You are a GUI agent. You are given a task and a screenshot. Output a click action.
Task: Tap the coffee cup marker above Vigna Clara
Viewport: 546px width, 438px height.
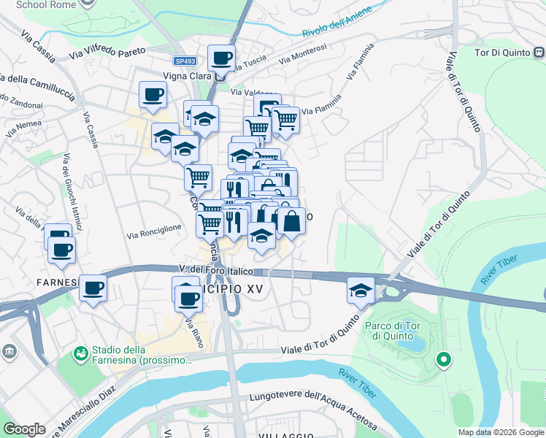(x=221, y=58)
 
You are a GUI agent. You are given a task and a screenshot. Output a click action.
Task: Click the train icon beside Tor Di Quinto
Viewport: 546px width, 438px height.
(x=539, y=52)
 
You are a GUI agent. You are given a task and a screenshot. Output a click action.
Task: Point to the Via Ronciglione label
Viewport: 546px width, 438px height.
(x=154, y=231)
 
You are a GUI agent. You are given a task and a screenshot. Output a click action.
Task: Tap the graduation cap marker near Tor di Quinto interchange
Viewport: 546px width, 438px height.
(x=361, y=291)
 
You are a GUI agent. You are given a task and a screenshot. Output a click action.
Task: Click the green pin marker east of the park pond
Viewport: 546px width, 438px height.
(x=442, y=359)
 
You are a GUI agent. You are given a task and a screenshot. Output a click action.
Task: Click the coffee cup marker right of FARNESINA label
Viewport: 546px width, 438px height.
(x=93, y=288)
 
